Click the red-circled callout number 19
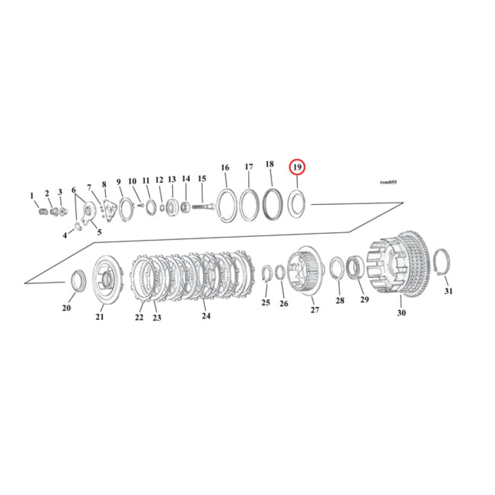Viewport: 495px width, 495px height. point(298,167)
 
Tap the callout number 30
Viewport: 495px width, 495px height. point(401,313)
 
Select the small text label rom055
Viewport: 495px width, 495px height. point(388,183)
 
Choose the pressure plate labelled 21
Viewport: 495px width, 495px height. point(105,281)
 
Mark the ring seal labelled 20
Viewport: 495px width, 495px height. point(79,280)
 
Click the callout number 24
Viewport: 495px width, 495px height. point(206,316)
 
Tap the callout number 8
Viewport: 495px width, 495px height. point(104,184)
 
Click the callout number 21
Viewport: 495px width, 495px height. point(100,317)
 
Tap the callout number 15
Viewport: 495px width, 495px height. point(202,179)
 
